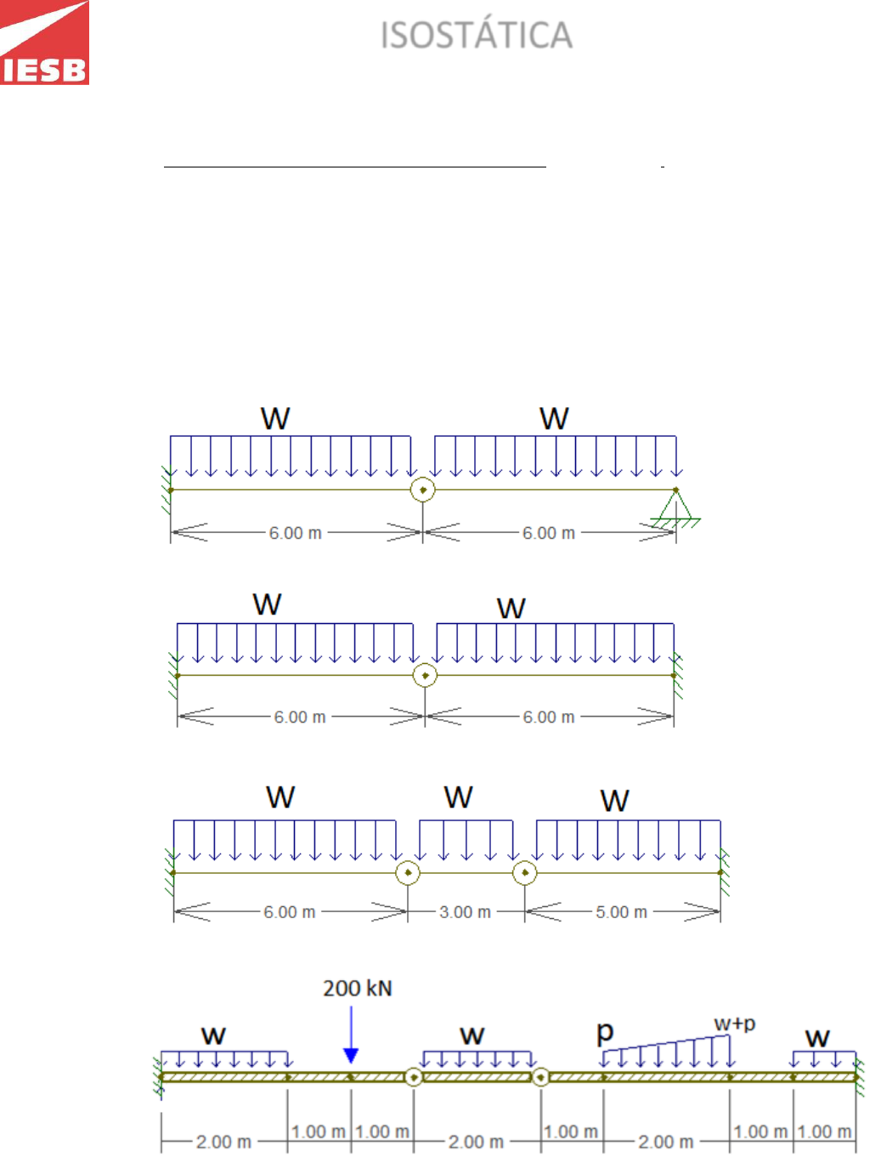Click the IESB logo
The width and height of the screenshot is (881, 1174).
pos(44,43)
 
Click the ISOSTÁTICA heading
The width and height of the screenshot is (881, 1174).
pos(476,36)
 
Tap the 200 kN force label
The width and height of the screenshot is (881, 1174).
pos(358,989)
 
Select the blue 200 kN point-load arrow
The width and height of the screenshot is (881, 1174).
pos(351,1035)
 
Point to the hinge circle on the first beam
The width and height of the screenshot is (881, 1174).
pos(422,490)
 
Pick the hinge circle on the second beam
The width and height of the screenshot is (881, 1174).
pos(425,676)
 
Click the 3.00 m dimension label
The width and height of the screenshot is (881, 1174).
pos(465,912)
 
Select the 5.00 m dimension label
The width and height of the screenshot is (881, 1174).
pos(621,912)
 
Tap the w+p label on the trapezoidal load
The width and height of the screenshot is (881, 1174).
pos(735,1024)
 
